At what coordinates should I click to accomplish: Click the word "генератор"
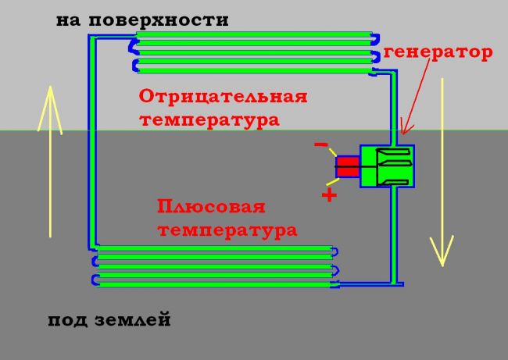click(438, 53)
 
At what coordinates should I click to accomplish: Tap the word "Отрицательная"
click(223, 97)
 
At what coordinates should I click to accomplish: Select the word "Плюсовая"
click(211, 208)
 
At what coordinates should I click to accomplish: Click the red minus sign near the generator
click(320, 145)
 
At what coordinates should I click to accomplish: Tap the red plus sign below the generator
click(329, 195)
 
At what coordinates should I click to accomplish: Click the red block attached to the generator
click(348, 166)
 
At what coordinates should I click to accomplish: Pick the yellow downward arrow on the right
click(442, 172)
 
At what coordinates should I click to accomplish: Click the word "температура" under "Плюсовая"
click(227, 231)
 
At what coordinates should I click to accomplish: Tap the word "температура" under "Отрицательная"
click(209, 121)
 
